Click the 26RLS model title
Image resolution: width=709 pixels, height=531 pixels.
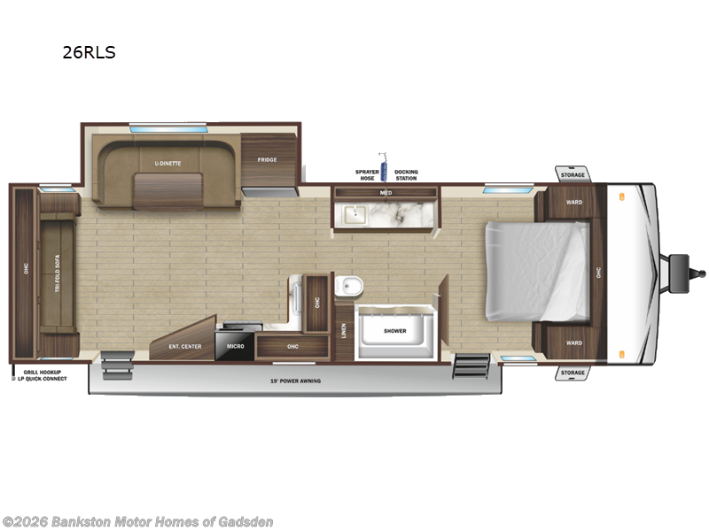click(x=89, y=52)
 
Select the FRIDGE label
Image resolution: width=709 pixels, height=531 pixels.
click(x=267, y=160)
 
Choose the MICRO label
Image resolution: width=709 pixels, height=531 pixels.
click(x=235, y=346)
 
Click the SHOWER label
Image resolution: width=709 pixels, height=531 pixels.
click(x=395, y=331)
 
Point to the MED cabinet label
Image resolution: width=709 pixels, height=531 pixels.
click(x=386, y=192)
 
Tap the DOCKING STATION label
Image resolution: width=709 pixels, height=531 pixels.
click(x=406, y=174)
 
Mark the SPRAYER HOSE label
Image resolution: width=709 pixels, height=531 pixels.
click(x=366, y=174)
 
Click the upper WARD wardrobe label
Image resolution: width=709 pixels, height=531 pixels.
click(x=574, y=202)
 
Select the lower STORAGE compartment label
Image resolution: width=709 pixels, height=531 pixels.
click(x=573, y=373)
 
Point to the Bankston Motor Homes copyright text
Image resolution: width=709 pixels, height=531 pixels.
click(x=138, y=521)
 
